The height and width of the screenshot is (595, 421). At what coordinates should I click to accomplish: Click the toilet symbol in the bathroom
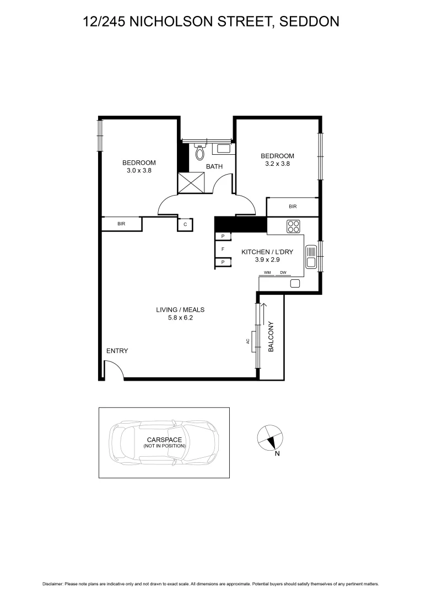(200, 152)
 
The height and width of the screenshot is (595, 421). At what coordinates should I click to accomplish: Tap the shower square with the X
(191, 182)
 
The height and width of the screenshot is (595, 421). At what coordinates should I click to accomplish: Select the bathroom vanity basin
(223, 148)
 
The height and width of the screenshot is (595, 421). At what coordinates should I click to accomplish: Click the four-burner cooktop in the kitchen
(293, 226)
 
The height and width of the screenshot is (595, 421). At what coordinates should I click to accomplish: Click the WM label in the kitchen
(267, 273)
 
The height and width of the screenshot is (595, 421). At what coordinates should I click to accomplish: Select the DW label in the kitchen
(283, 273)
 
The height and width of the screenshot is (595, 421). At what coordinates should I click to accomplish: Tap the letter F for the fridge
(223, 249)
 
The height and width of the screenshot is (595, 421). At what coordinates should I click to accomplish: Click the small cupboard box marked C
(185, 224)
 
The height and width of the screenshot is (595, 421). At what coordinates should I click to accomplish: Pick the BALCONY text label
(271, 337)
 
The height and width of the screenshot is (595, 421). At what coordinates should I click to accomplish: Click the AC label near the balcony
(248, 342)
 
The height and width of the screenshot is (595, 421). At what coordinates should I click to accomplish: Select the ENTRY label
(117, 351)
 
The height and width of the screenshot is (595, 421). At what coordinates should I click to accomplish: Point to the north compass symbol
(270, 438)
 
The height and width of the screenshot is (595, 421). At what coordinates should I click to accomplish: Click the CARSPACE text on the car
(164, 440)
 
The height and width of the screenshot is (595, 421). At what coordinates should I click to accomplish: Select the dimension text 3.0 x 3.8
(139, 171)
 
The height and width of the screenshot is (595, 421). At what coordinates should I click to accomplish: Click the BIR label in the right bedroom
(293, 207)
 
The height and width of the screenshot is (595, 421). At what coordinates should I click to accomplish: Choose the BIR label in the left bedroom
(121, 224)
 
